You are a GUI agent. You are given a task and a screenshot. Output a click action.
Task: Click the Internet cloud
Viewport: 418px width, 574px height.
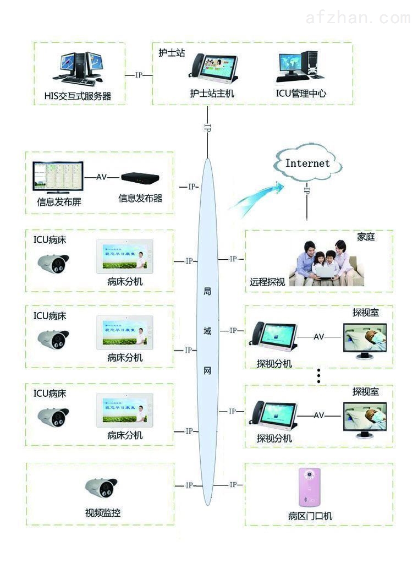click(307, 163)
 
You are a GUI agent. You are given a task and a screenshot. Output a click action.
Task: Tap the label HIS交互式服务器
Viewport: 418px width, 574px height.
click(78, 96)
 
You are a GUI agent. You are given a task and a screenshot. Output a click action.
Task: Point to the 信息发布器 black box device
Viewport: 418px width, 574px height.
click(140, 178)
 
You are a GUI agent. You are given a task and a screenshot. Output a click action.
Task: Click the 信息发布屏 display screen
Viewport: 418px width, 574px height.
click(57, 178)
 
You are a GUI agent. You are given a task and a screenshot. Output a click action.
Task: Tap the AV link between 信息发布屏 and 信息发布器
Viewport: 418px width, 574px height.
click(102, 177)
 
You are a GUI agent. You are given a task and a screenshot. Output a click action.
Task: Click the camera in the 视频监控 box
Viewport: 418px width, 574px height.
click(102, 487)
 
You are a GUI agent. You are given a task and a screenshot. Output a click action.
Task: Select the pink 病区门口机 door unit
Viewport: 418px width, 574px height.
click(310, 487)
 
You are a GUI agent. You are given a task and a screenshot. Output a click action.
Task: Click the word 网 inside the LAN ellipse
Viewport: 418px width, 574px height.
click(207, 370)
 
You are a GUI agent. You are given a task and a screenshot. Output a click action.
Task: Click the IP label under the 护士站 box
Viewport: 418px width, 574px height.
click(207, 127)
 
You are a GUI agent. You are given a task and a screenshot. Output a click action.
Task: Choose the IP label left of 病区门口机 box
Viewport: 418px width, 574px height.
click(233, 485)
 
